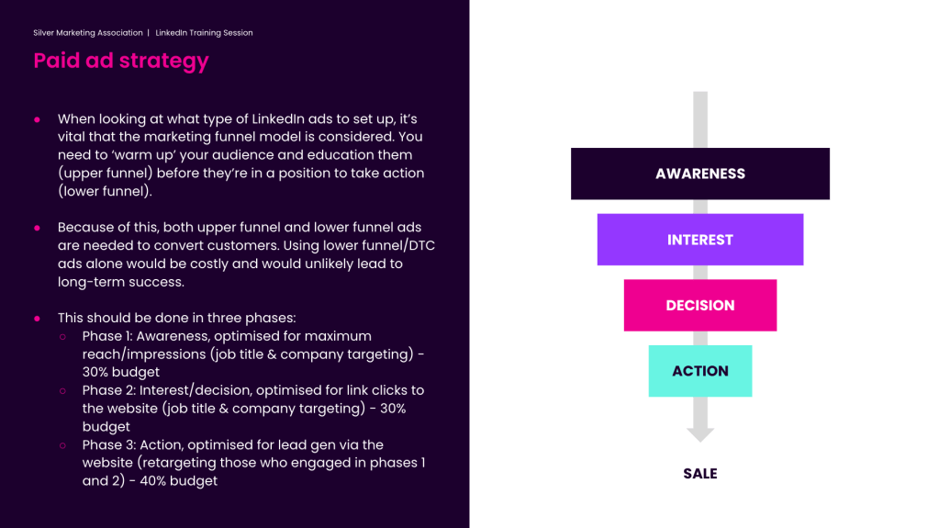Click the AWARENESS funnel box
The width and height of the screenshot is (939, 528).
click(700, 174)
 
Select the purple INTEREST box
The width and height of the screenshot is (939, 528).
click(700, 240)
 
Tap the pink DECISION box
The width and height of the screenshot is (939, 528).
click(700, 305)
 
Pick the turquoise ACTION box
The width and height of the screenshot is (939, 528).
click(700, 371)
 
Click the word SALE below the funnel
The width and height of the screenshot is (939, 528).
click(700, 474)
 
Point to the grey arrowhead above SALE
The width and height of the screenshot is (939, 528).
click(700, 434)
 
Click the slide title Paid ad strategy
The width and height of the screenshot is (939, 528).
click(121, 62)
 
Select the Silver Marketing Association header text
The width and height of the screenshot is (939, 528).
click(88, 33)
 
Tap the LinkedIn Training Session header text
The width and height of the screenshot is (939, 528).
click(204, 33)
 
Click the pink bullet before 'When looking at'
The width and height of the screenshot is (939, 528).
click(37, 120)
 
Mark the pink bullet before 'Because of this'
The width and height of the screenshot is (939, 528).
click(37, 228)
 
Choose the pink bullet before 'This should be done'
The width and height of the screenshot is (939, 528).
click(37, 319)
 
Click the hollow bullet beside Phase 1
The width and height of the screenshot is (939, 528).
click(63, 337)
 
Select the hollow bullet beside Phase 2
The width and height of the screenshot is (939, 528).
click(63, 391)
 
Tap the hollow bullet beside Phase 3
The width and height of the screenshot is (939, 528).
click(63, 445)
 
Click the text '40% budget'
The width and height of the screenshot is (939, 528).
click(178, 480)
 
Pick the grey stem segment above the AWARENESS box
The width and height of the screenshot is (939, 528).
click(700, 120)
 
